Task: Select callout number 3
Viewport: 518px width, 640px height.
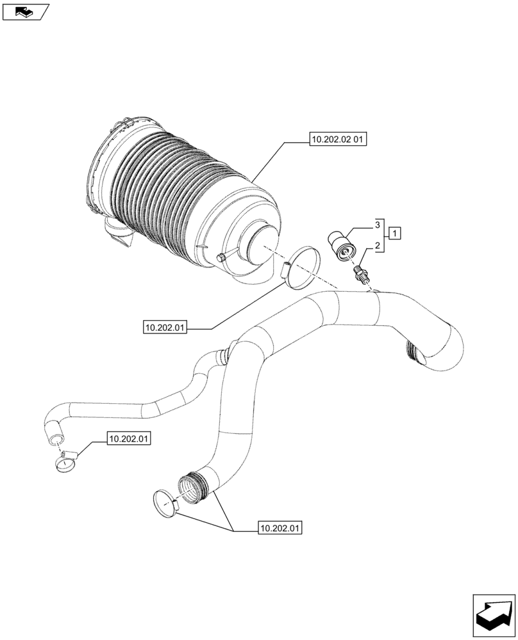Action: tap(379, 225)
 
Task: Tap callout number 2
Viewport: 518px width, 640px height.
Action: tap(379, 245)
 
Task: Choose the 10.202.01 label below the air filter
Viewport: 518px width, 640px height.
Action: tap(165, 328)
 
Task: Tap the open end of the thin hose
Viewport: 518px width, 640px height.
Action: tap(54, 439)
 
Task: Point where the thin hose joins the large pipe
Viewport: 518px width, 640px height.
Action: tap(224, 354)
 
